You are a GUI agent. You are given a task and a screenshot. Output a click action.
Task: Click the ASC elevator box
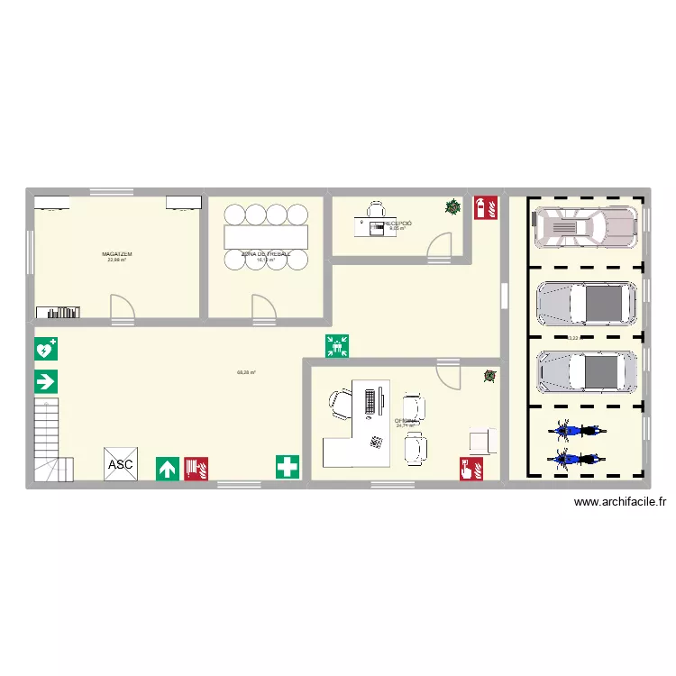point(121,464)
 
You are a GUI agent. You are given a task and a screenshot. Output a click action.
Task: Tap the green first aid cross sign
point(288,467)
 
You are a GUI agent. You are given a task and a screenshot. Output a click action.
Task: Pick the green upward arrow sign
point(167,468)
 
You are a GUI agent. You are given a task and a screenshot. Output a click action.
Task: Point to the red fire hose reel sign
point(196,468)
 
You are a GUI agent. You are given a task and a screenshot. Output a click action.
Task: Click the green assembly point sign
point(338,346)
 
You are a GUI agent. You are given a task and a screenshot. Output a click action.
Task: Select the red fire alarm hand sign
point(470,468)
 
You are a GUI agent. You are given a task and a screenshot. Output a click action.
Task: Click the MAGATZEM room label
point(117,254)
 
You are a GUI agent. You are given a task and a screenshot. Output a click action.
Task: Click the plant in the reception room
point(451,208)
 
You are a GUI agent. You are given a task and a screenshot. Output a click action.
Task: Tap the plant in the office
point(489,377)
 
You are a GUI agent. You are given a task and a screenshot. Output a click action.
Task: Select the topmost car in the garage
point(584,227)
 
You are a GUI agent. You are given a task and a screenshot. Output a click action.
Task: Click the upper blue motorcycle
point(576,431)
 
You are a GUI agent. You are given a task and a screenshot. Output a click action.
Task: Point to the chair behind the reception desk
point(375,211)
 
